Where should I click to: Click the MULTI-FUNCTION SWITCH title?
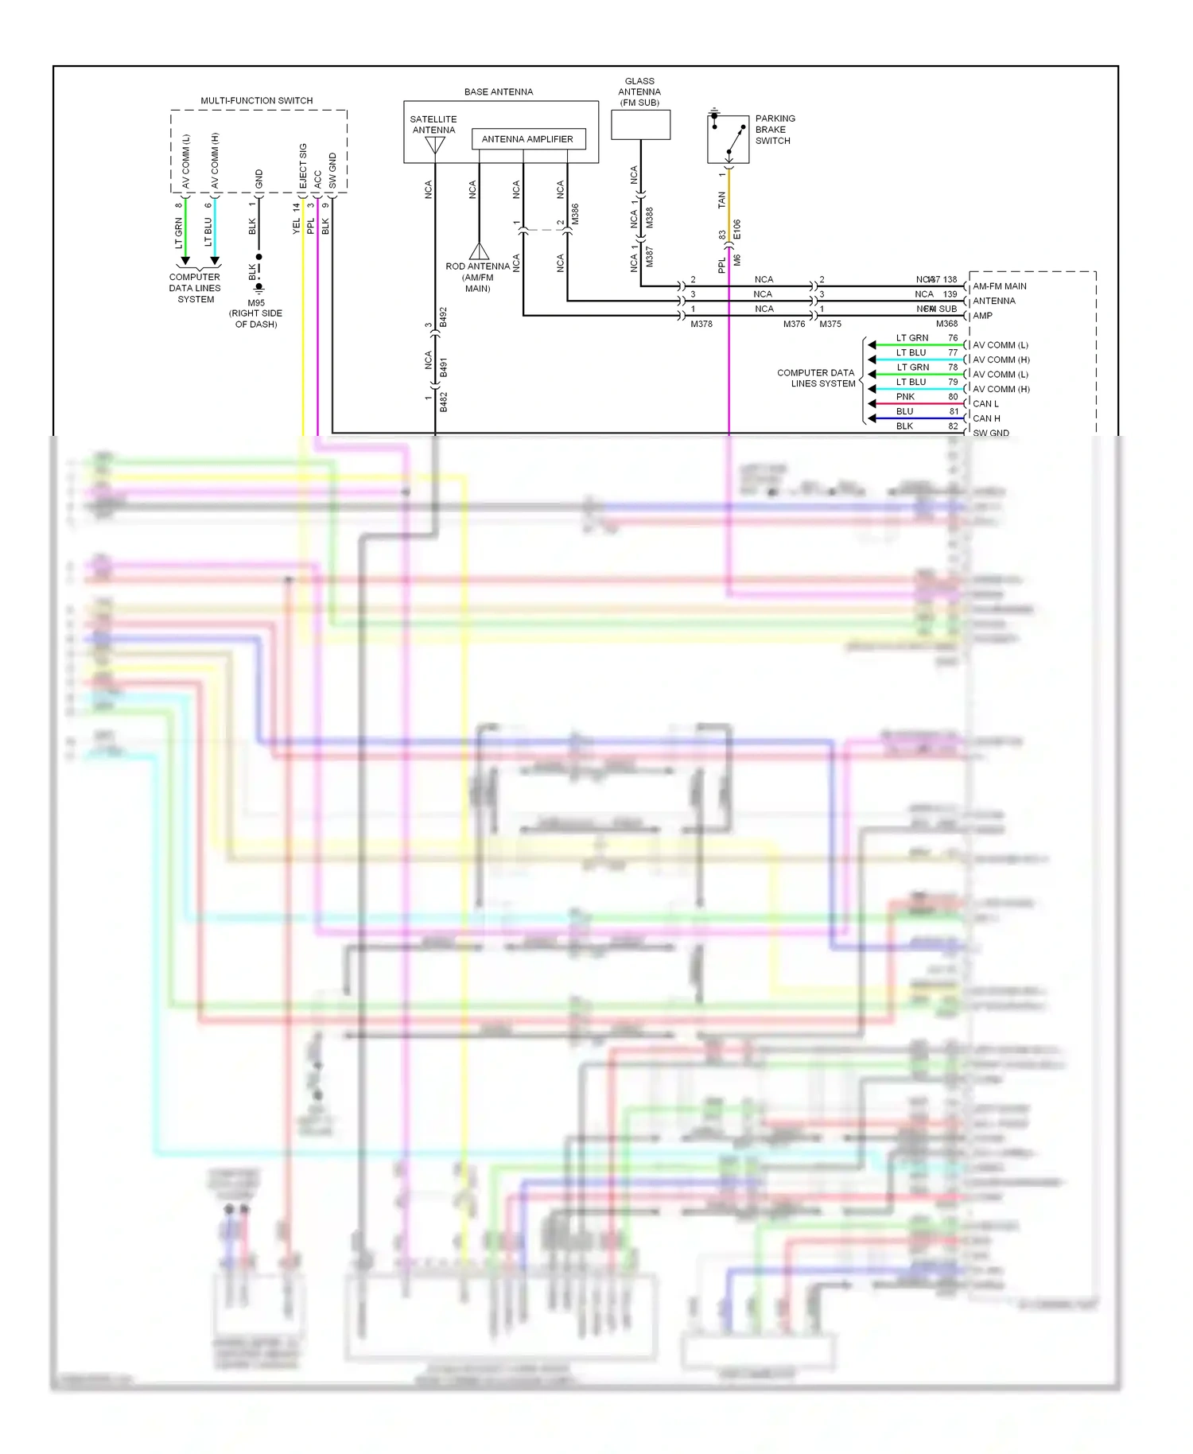click(x=256, y=100)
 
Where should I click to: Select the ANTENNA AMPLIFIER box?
click(x=527, y=139)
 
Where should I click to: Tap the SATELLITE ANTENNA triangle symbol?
click(x=434, y=146)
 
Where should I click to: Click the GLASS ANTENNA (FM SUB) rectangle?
click(x=640, y=125)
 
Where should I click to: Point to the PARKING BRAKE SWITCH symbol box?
click(x=728, y=138)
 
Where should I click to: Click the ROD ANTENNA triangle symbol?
click(x=479, y=251)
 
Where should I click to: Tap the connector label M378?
click(x=701, y=324)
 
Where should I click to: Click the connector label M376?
click(x=793, y=324)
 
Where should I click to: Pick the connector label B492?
click(x=443, y=317)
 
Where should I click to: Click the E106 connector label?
click(x=736, y=229)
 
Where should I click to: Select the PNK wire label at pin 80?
click(x=905, y=397)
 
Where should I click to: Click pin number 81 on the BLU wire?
click(x=954, y=411)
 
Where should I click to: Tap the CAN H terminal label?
click(x=986, y=418)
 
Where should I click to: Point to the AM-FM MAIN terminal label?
click(x=1000, y=286)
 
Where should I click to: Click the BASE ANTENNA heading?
click(x=499, y=91)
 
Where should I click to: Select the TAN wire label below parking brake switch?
click(x=722, y=200)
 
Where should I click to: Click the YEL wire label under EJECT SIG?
click(x=297, y=226)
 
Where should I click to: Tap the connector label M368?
click(x=946, y=324)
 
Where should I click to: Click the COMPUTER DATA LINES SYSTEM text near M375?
click(x=816, y=378)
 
